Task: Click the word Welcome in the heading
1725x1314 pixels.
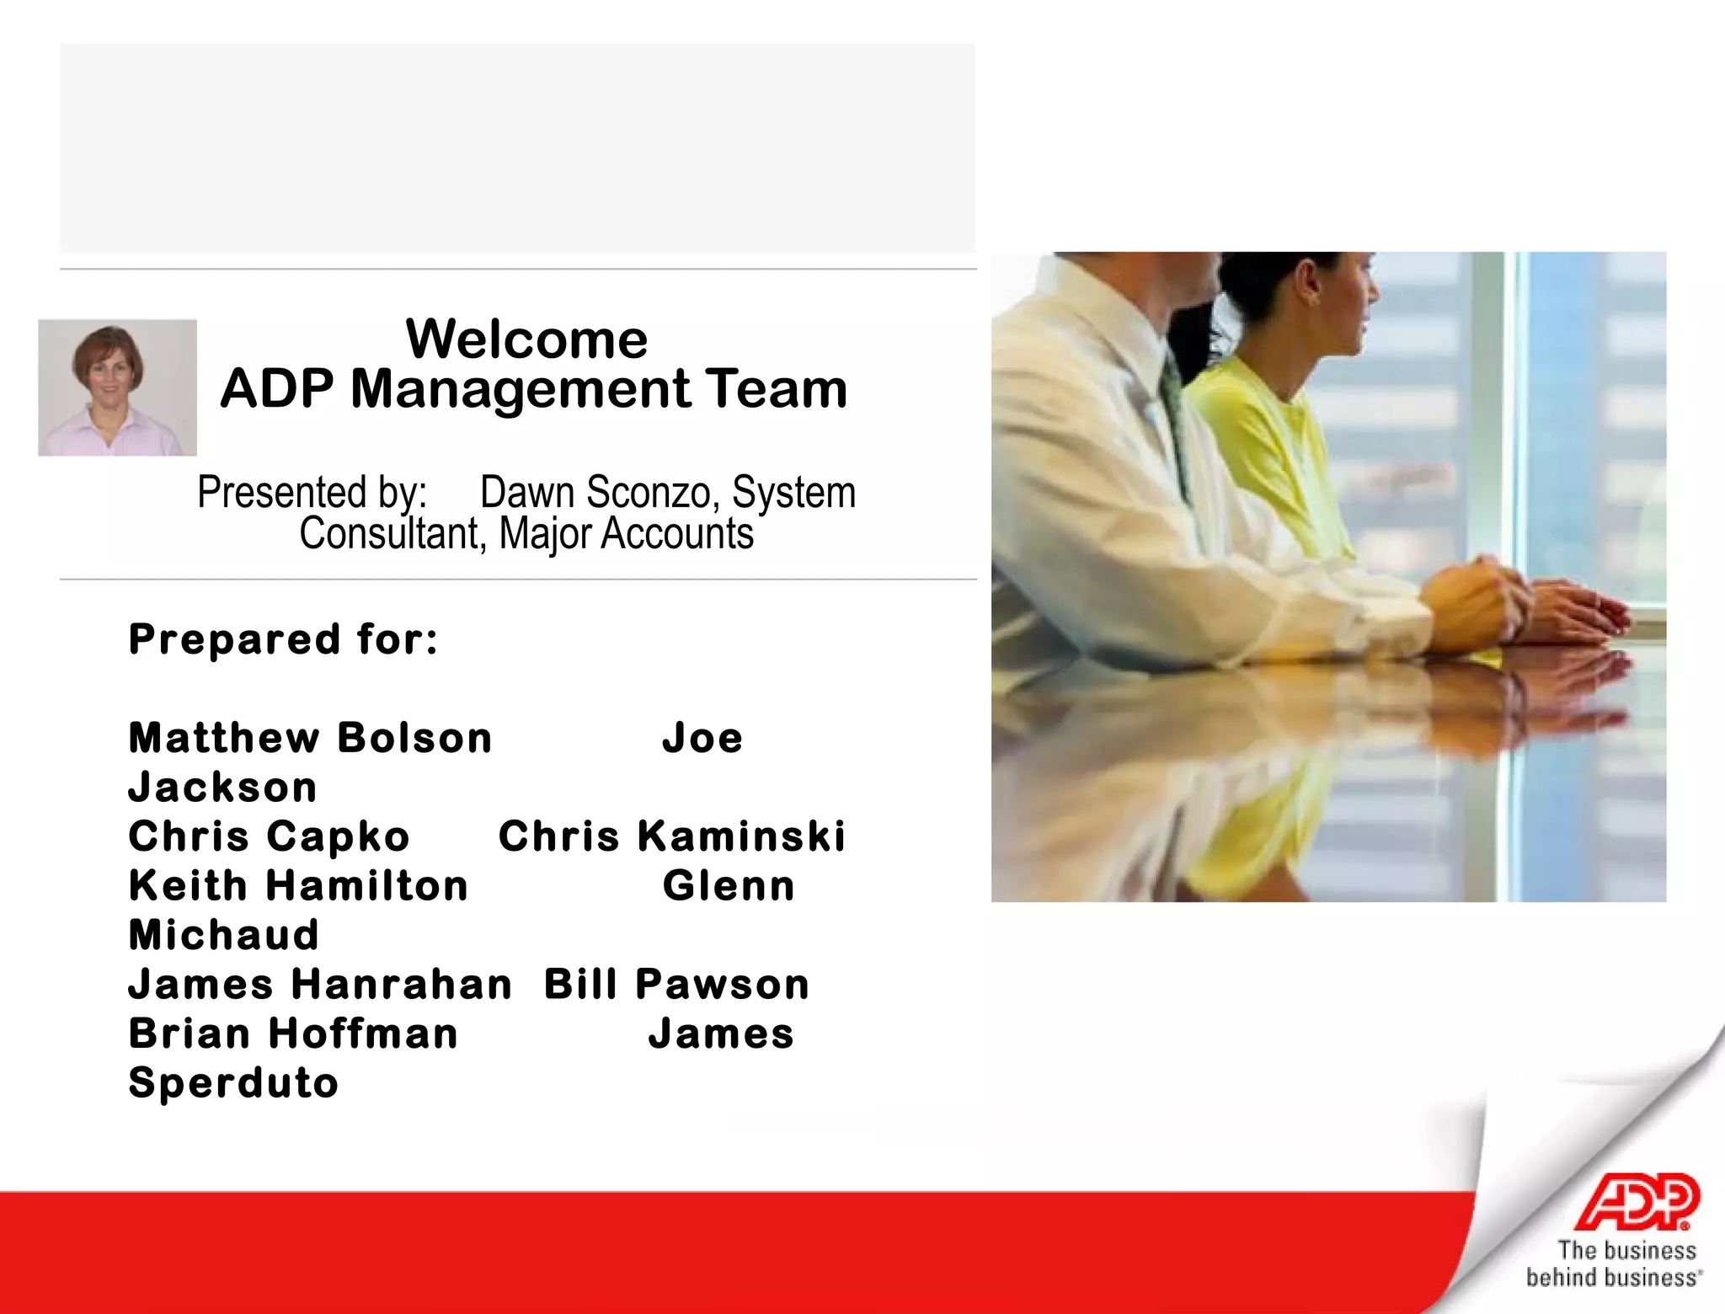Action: [526, 339]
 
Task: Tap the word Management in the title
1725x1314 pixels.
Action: [520, 389]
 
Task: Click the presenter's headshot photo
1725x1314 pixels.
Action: [117, 387]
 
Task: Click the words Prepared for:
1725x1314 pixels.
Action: [283, 639]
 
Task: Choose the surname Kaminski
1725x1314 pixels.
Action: [741, 836]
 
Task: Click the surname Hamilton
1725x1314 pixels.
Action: [367, 886]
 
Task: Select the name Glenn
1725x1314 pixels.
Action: [729, 886]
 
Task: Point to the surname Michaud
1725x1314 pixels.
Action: [224, 935]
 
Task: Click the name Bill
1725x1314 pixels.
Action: [580, 984]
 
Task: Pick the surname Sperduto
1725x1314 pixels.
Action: [233, 1083]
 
